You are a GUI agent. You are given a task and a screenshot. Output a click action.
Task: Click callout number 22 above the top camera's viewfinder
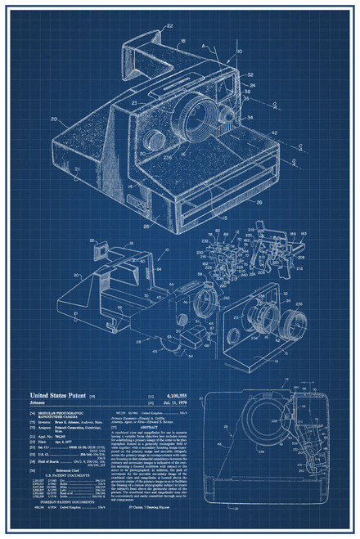(169, 26)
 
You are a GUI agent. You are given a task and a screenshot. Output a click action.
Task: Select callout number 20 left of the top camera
(53, 120)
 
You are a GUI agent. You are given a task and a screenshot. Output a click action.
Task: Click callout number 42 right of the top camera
(274, 133)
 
